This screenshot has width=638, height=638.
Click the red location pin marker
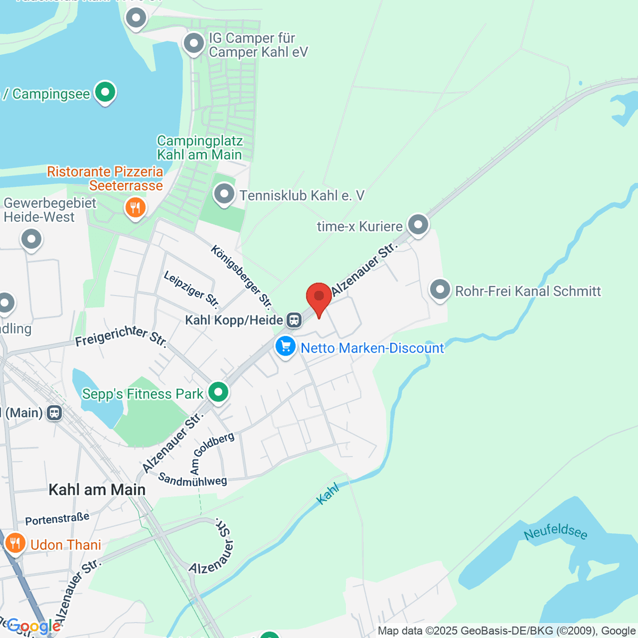tap(319, 297)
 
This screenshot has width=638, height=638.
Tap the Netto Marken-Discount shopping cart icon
tap(286, 347)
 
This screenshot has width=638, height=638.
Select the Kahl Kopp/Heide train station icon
tap(294, 320)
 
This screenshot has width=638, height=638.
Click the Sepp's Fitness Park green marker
tap(218, 392)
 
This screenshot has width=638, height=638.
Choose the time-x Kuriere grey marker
tap(418, 225)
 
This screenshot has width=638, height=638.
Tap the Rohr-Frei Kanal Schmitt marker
tap(440, 290)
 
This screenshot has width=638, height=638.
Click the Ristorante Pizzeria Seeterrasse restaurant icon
tap(135, 207)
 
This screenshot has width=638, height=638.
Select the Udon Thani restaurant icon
tap(15, 543)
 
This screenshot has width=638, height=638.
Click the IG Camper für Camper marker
tap(194, 43)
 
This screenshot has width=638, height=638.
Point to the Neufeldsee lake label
tap(556, 531)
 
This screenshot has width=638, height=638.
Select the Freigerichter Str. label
tap(121, 335)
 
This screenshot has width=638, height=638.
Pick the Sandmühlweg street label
tap(192, 480)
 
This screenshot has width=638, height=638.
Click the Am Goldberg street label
tap(212, 452)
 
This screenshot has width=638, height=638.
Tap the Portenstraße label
tap(57, 518)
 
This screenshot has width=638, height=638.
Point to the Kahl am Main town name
tap(97, 490)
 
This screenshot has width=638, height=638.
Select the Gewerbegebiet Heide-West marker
tap(31, 239)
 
